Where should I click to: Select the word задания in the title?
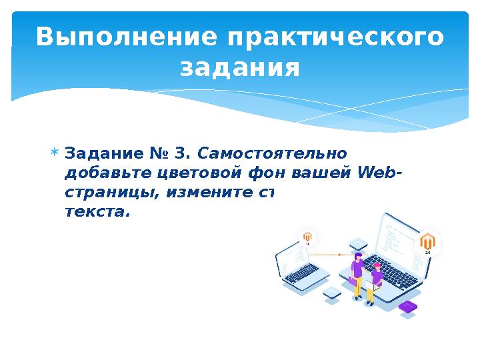click(240, 67)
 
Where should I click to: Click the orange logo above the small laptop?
click(308, 237)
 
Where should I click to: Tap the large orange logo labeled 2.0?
click(428, 241)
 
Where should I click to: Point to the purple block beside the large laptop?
click(407, 307)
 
